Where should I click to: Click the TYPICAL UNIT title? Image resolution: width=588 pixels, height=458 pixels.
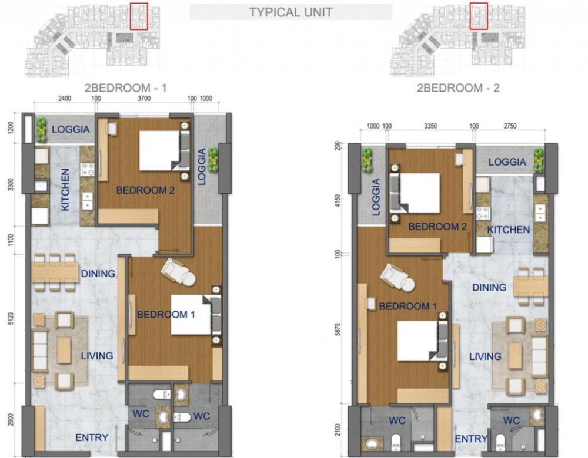pos(291,12)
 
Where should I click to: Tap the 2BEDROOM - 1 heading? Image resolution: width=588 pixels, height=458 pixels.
pos(126,88)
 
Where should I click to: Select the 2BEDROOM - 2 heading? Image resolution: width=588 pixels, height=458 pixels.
pos(458,88)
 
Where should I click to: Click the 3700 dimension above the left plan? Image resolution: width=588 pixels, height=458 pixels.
pos(144,99)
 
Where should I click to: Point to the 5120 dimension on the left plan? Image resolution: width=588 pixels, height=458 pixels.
pos(11,319)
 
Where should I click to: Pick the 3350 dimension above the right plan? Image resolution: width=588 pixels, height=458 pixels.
pos(430,126)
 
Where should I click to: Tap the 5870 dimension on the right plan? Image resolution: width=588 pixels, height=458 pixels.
pos(338,329)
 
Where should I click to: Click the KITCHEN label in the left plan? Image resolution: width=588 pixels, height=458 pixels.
pos(65,190)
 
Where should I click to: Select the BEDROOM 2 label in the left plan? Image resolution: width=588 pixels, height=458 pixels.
pos(145,190)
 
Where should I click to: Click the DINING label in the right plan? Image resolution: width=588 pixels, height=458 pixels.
pos(489,288)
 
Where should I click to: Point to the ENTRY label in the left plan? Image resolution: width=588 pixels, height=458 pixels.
pos(92,437)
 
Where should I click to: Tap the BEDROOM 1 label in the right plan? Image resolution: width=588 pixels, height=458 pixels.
pos(407,307)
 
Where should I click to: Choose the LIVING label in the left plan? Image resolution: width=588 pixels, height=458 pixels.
pos(97,356)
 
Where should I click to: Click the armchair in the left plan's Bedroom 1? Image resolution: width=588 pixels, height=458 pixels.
pos(179,272)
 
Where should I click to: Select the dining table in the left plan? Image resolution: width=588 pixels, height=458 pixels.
pos(55,272)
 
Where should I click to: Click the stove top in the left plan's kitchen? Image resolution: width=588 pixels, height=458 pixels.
pos(88,169)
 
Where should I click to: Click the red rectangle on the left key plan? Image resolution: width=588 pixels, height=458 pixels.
pos(139,16)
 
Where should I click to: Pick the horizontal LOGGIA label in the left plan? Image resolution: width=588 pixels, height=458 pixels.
pos(71,129)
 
